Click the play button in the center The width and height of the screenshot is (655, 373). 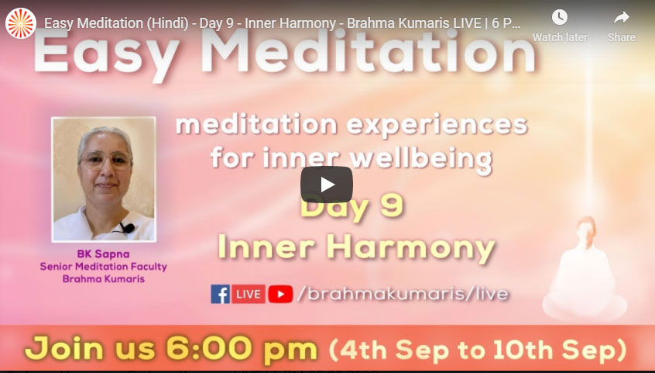click(x=326, y=185)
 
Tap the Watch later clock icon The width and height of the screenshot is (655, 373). click(x=559, y=18)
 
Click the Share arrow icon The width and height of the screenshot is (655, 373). click(x=622, y=18)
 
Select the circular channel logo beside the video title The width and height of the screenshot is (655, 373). click(x=20, y=23)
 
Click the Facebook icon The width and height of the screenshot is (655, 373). click(x=220, y=294)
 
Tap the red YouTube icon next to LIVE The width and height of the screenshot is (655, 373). click(x=280, y=295)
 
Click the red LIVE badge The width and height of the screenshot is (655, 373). click(x=249, y=294)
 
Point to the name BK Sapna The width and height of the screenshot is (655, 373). click(x=103, y=254)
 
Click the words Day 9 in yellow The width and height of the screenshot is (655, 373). click(x=352, y=205)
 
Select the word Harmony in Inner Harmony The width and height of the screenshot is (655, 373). click(x=410, y=248)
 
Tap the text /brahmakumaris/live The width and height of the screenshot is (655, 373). click(x=403, y=294)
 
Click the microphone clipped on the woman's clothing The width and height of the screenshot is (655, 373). click(x=129, y=229)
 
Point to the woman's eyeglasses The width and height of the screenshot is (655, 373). click(x=105, y=161)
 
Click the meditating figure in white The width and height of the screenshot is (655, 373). click(x=585, y=272)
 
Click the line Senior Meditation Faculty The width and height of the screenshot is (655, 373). click(x=103, y=267)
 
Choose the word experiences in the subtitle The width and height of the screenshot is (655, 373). click(x=437, y=126)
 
